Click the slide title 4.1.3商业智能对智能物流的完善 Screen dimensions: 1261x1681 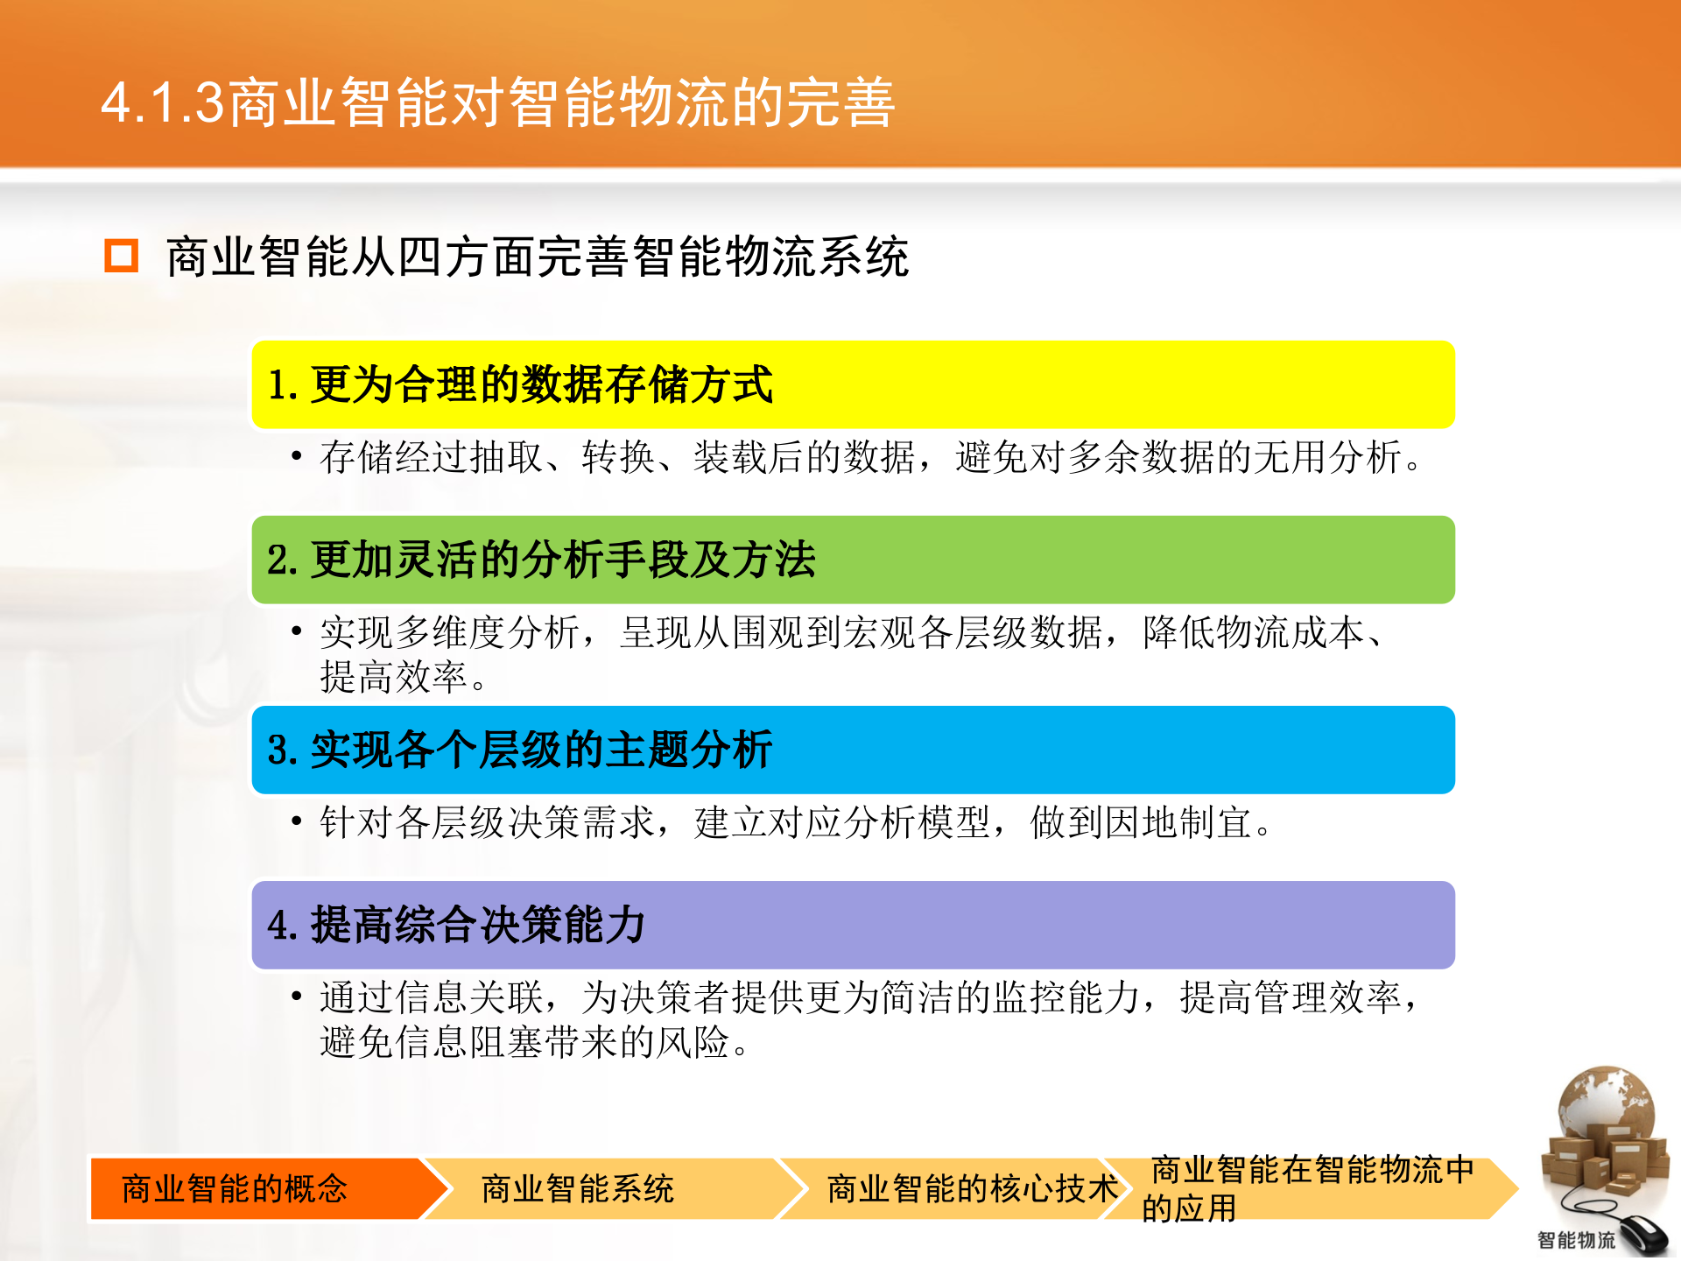pos(497,102)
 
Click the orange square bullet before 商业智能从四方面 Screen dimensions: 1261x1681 pos(122,256)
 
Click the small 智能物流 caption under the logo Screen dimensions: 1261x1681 pos(1576,1240)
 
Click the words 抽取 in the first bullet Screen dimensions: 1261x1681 pos(507,458)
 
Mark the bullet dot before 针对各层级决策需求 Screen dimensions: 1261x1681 pos(297,821)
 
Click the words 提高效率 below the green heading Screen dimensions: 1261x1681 pos(394,678)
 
